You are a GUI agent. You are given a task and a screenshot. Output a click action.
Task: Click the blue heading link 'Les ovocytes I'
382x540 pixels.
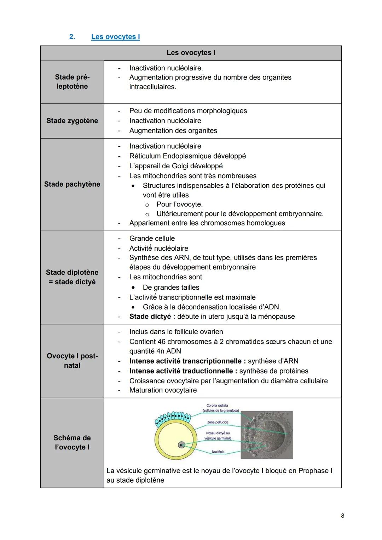115,37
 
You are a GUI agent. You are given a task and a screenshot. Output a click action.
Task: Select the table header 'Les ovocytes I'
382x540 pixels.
191,53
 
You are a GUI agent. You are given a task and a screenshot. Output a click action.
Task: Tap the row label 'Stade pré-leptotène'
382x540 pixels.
72,82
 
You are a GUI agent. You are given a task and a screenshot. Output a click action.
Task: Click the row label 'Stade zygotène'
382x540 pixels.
72,121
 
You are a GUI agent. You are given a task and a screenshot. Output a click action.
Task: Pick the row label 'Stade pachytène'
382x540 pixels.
72,184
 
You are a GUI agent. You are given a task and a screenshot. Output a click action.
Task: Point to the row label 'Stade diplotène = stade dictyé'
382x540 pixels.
72,277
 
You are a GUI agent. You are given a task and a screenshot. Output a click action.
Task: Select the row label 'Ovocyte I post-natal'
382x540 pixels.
72,360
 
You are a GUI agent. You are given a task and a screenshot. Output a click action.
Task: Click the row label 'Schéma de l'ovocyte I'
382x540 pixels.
72,442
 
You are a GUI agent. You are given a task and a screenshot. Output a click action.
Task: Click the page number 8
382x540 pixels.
342,516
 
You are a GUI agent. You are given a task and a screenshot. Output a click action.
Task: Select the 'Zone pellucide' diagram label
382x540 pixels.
218,422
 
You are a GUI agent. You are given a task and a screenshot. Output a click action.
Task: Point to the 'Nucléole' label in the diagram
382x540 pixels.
218,452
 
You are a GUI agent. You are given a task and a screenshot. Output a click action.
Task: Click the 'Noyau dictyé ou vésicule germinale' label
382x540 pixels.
218,436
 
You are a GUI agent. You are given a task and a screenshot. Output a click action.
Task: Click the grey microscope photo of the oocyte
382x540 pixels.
266,435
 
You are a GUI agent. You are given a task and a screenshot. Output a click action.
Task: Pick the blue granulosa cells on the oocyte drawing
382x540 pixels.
173,418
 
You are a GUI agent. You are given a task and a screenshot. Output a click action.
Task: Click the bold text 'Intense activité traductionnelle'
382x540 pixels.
181,371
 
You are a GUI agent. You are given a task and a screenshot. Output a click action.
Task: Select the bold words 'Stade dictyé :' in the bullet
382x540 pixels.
152,317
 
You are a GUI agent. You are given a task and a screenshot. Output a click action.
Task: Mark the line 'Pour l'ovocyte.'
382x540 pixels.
179,204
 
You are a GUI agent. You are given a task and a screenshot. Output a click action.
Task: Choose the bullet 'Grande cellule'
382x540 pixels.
152,238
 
